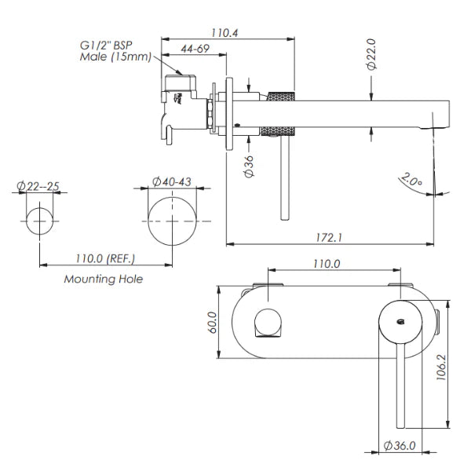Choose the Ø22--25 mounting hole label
pos(38,187)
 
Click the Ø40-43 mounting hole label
pos(173,181)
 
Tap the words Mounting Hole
pos(104,278)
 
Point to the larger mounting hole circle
pos(173,222)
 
